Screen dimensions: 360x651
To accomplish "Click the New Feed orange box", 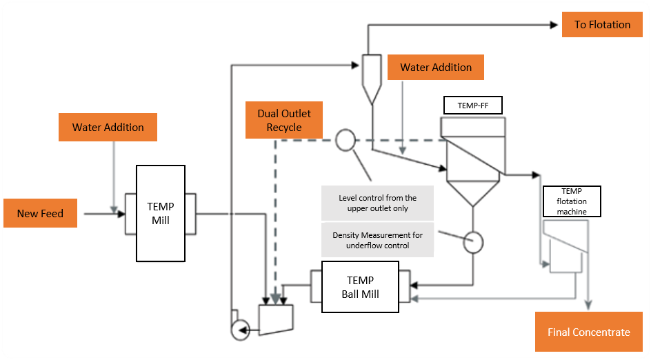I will pos(40,213).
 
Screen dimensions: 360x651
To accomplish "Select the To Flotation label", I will pos(602,25).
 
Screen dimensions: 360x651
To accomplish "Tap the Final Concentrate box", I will pos(588,332).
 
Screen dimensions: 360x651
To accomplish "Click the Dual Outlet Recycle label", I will pos(284,120).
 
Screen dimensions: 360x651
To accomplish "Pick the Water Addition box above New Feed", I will pos(108,128).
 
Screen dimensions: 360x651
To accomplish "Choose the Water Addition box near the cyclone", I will pos(436,68).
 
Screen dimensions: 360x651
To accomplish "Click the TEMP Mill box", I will pos(161,213).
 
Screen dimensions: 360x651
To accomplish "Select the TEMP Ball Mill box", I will pos(360,287).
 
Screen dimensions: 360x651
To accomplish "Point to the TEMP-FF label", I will pos(472,106).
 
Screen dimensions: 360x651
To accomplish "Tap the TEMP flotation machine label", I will pos(572,201).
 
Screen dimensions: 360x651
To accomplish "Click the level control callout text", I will pos(378,203).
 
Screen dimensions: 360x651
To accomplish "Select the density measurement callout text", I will pos(378,240).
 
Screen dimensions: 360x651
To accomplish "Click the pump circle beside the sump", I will pos(240,330).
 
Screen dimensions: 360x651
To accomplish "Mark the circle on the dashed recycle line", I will pos(345,141).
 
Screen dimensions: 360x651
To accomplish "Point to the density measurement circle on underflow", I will pos(473,242).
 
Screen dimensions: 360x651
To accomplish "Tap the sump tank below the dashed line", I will pos(276,318).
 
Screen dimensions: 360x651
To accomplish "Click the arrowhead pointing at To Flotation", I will pos(554,25).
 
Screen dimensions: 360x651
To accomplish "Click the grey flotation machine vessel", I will pos(563,246).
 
